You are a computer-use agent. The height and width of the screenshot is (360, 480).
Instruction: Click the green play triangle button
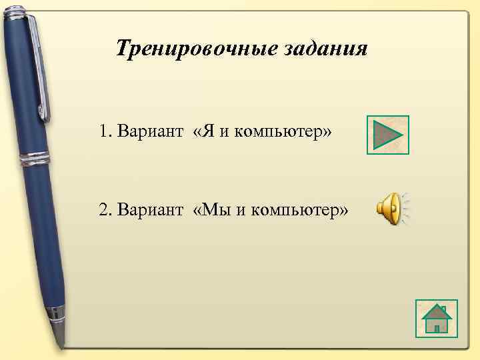click(387, 135)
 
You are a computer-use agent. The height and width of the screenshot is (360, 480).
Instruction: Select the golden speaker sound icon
click(393, 208)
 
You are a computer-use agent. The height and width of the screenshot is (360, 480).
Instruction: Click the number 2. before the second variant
click(105, 211)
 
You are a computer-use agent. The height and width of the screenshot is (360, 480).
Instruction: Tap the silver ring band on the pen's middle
click(35, 159)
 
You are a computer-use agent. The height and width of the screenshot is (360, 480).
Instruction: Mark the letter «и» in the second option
click(240, 211)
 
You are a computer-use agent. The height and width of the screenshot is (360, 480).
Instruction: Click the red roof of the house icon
click(437, 311)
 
